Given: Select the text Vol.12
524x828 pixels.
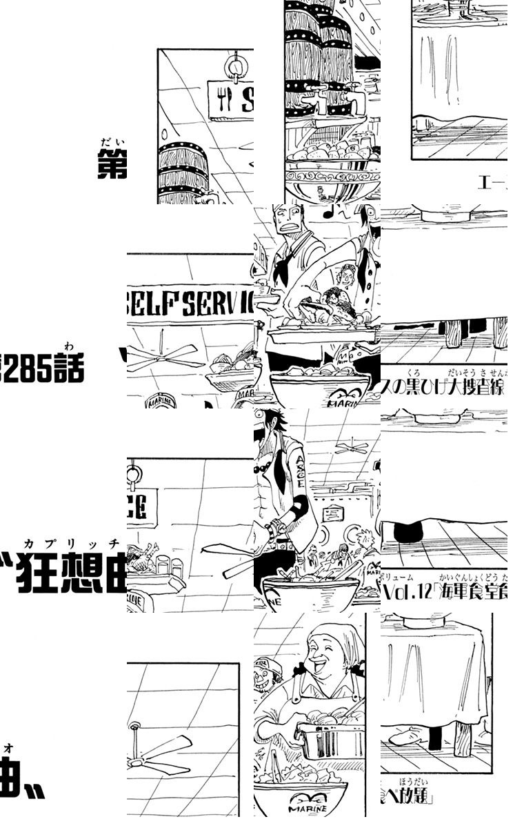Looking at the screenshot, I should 407,593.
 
